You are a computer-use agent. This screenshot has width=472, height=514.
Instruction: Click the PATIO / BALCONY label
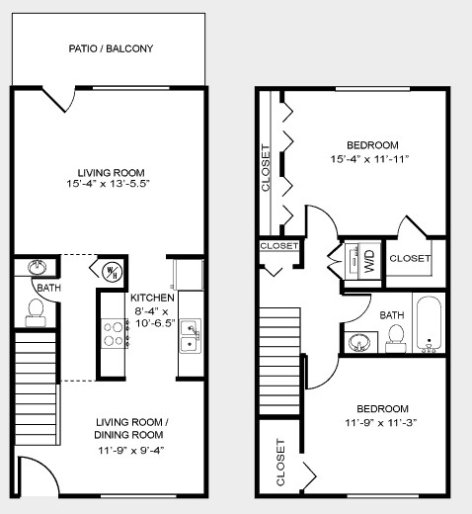tap(111, 48)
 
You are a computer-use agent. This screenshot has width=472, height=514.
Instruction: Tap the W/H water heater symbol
tap(111, 269)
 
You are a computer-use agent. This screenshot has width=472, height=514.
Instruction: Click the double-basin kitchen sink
tap(190, 335)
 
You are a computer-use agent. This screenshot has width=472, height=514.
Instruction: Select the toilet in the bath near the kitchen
tap(38, 310)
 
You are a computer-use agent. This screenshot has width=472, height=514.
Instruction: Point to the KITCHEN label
tap(152, 298)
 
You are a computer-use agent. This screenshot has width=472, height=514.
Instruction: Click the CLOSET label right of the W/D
tap(410, 258)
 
